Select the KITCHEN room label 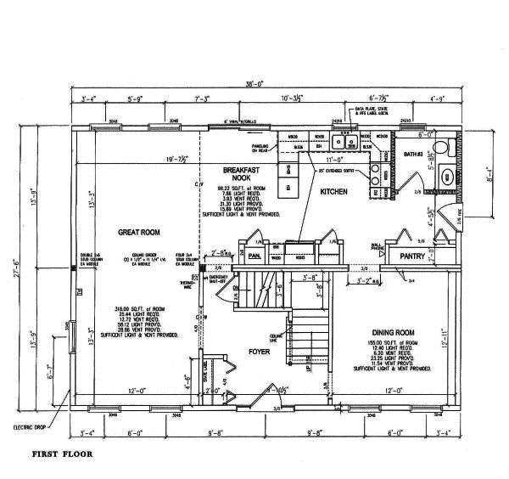[x=334, y=193]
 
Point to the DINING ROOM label [x=392, y=332]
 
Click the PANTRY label [x=412, y=254]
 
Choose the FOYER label [x=259, y=350]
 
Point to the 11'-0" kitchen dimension [x=334, y=159]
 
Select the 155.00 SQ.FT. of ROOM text [x=392, y=341]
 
